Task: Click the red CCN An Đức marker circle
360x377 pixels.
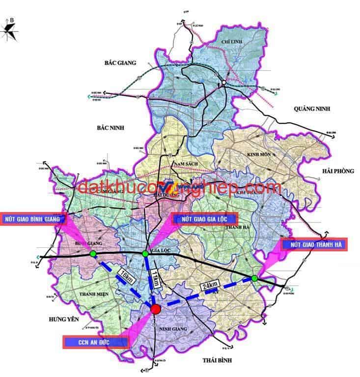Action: click(155, 309)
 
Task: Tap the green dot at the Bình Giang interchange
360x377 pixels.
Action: click(93, 254)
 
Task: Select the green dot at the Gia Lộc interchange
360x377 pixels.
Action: click(145, 254)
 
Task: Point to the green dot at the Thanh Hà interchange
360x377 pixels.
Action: click(254, 278)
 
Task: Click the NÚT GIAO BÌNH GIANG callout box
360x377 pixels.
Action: click(32, 218)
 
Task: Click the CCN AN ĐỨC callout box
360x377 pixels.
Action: click(96, 341)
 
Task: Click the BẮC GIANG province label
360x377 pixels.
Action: click(119, 63)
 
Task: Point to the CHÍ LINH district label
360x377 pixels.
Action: click(233, 43)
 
